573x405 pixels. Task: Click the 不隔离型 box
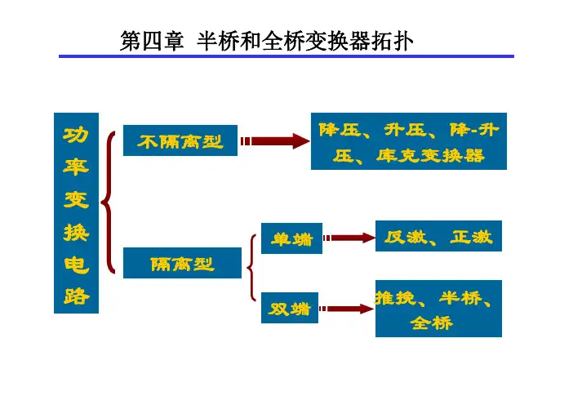click(x=180, y=140)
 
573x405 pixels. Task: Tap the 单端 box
click(x=291, y=238)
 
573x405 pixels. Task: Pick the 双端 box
click(x=291, y=308)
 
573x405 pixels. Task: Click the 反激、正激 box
click(x=438, y=237)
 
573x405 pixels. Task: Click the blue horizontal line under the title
click(x=286, y=56)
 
